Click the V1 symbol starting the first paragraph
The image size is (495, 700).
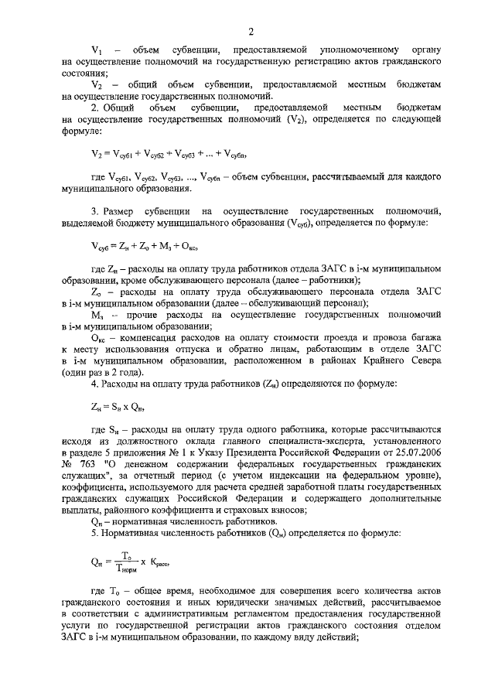[97, 50]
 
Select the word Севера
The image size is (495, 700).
[423, 360]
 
